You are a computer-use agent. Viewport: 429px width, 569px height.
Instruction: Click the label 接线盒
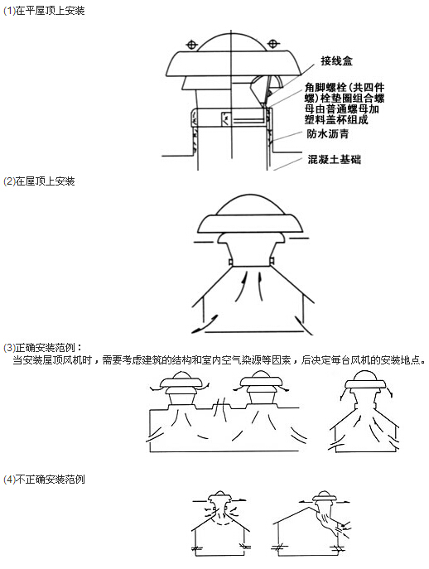point(336,60)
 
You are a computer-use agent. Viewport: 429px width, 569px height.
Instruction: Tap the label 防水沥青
point(328,133)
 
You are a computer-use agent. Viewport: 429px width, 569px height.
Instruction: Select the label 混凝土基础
point(335,159)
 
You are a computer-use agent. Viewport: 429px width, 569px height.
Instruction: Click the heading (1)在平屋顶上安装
point(44,11)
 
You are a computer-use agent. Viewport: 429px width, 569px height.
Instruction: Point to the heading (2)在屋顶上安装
point(39,181)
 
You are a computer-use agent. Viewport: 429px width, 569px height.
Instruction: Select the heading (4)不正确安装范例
point(44,480)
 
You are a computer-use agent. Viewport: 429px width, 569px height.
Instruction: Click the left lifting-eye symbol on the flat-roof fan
point(191,45)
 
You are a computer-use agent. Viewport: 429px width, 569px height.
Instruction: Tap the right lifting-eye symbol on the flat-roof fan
point(273,44)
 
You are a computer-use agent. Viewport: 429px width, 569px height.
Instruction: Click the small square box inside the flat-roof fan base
point(226,119)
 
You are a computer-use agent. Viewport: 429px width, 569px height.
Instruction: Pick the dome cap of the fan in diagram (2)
point(250,205)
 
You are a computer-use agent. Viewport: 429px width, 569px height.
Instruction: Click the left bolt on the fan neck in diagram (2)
point(230,262)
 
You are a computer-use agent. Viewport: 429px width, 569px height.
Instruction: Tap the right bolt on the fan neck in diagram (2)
point(271,261)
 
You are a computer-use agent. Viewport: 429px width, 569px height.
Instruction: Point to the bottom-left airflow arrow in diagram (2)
point(205,324)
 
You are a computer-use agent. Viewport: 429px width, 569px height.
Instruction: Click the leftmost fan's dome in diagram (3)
point(181,375)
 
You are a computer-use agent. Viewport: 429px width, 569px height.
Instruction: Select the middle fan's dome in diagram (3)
point(260,374)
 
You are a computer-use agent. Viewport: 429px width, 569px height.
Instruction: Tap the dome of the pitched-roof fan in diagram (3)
point(364,375)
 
